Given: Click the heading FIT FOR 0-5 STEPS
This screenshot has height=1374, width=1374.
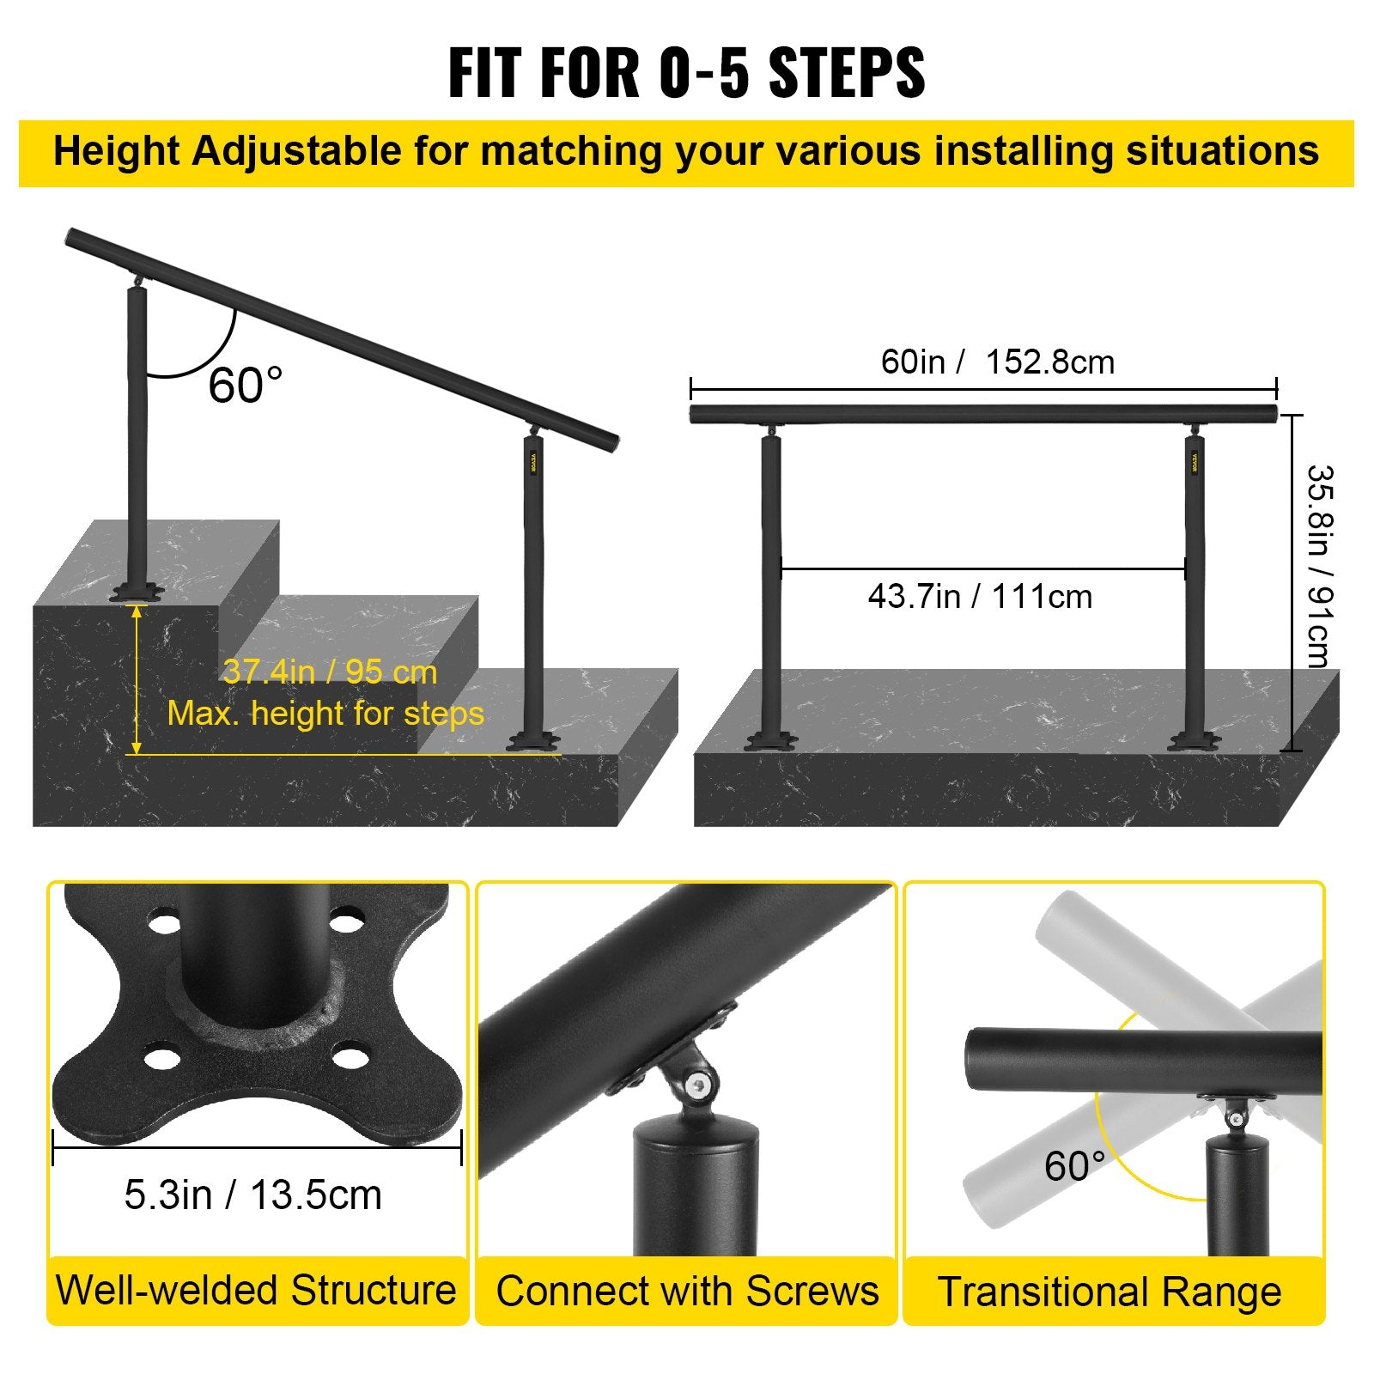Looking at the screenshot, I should click(686, 73).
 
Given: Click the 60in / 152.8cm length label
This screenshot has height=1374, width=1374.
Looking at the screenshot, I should click(997, 362).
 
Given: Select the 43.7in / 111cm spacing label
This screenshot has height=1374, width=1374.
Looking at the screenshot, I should click(980, 596).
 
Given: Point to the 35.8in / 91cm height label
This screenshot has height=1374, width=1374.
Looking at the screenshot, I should click(1317, 566).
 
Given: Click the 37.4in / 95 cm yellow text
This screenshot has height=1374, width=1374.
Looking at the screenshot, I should click(330, 672).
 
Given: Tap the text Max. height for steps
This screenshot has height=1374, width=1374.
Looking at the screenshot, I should click(325, 713).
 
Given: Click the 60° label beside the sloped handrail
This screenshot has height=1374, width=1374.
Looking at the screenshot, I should click(245, 385).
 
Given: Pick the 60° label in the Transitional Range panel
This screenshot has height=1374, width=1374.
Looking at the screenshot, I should click(1073, 1166).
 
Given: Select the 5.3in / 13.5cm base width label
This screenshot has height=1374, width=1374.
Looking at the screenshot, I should click(252, 1195).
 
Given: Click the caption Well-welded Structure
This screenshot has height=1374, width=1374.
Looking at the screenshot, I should click(256, 1290).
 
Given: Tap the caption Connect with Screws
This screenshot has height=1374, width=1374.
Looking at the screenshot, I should click(687, 1291).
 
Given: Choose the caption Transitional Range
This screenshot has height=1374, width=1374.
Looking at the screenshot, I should click(1110, 1292).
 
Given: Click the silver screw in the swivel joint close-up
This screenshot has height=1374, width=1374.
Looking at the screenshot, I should click(698, 1085).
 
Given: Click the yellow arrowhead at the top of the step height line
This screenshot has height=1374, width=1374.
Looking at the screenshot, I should click(136, 611).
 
